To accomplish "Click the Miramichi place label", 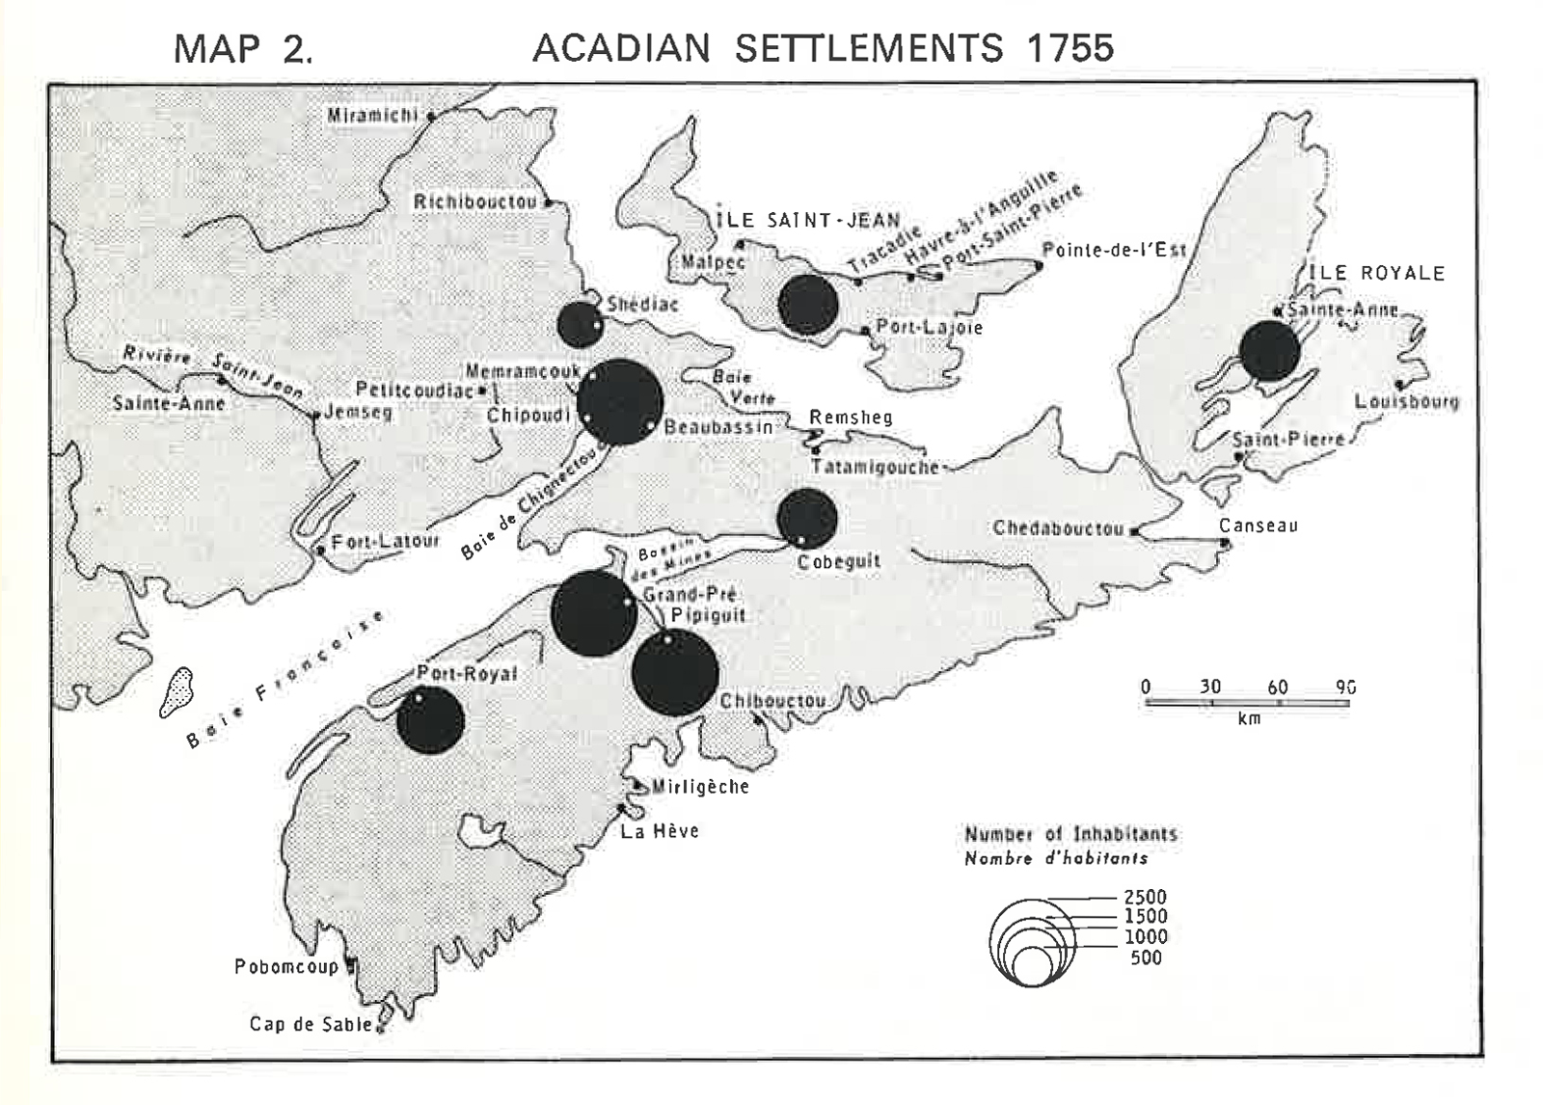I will pyautogui.click(x=372, y=116).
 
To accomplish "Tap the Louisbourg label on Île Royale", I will pyautogui.click(x=1406, y=401).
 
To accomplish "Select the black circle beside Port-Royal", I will pyautogui.click(x=430, y=720).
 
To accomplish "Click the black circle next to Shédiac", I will pyautogui.click(x=580, y=325).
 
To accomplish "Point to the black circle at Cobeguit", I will pyautogui.click(x=806, y=519).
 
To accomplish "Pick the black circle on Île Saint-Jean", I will pyautogui.click(x=807, y=305).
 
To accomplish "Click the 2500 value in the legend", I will pyautogui.click(x=1145, y=897).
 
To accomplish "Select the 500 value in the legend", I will pyautogui.click(x=1146, y=957).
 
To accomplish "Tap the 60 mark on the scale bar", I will pyautogui.click(x=1277, y=687).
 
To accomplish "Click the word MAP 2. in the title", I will pyautogui.click(x=243, y=48).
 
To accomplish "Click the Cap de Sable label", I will pyautogui.click(x=311, y=1024).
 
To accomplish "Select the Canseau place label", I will pyautogui.click(x=1258, y=526).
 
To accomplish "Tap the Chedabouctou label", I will pyautogui.click(x=1058, y=528).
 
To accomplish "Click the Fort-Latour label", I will pyautogui.click(x=385, y=542).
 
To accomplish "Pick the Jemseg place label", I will pyautogui.click(x=358, y=412).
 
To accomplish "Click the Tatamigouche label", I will pyautogui.click(x=874, y=468).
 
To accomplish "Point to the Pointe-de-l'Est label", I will pyautogui.click(x=1114, y=250).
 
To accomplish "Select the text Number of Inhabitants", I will pyautogui.click(x=1070, y=834).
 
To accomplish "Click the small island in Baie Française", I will pyautogui.click(x=176, y=691).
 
